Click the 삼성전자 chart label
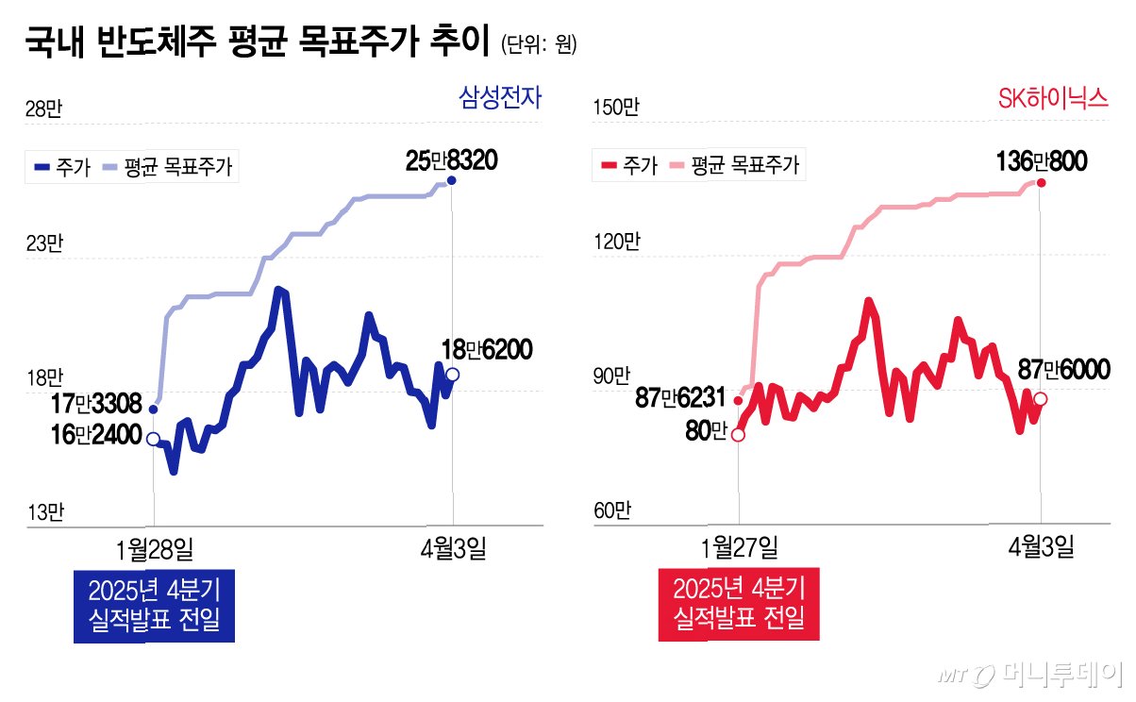point(500,98)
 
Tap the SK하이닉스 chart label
point(1053,98)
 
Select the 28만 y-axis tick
point(43,109)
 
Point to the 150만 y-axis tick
point(616,107)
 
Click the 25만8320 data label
point(451,160)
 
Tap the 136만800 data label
point(1042,161)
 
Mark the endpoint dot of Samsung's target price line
point(451,180)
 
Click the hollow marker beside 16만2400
point(153,439)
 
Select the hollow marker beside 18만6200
point(453,375)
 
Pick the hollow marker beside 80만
point(738,435)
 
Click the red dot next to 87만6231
point(739,401)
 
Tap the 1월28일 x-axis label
point(155,549)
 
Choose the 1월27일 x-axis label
point(739,548)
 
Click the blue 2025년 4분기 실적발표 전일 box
point(154,606)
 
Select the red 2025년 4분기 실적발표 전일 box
point(739,605)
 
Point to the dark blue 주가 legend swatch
point(42,167)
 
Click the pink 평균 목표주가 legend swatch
point(677,165)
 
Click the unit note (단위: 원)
point(539,44)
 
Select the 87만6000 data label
point(1064,369)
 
